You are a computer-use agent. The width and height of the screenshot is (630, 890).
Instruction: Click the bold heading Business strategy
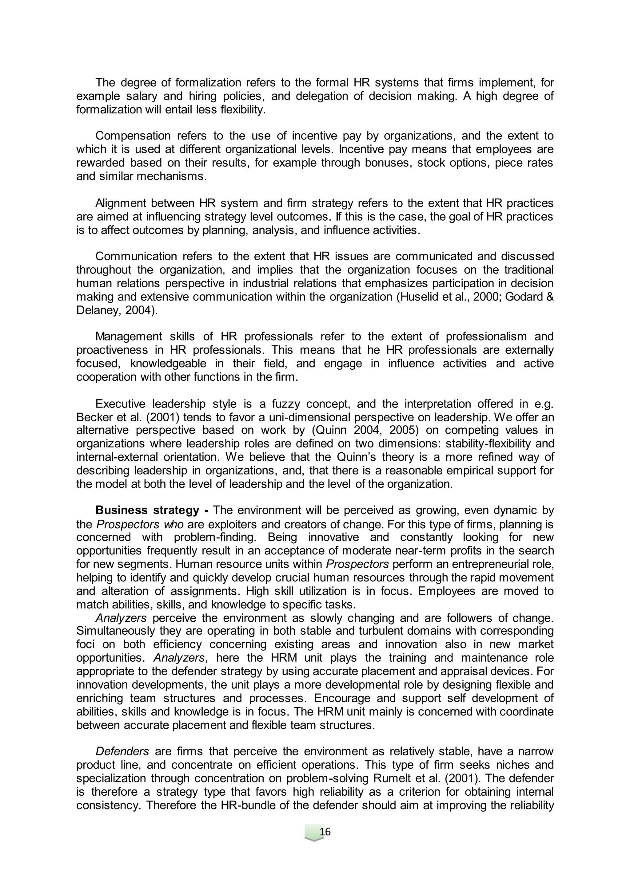[147, 510]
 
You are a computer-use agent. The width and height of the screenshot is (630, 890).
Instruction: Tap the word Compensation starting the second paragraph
[133, 136]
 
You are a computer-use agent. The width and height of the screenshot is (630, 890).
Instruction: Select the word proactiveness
[110, 350]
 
